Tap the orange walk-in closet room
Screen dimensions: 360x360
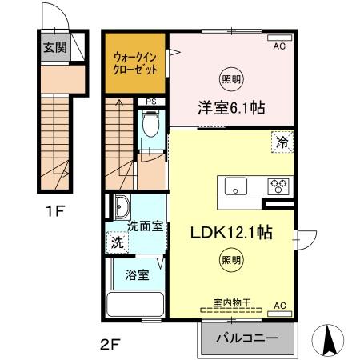pyautogui.click(x=134, y=64)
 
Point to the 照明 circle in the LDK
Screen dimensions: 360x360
pyautogui.click(x=229, y=259)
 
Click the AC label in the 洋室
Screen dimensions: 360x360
pyautogui.click(x=280, y=47)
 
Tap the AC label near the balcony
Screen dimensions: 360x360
pyautogui.click(x=280, y=306)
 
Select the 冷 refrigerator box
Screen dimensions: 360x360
pyautogui.click(x=282, y=142)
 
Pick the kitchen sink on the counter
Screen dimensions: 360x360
pyautogui.click(x=237, y=187)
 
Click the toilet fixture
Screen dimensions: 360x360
pyautogui.click(x=149, y=126)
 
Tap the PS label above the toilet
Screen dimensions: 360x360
pyautogui.click(x=149, y=102)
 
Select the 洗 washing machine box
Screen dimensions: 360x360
pyautogui.click(x=117, y=242)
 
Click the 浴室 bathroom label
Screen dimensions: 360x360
pyautogui.click(x=136, y=275)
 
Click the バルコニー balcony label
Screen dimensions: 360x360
pyautogui.click(x=248, y=338)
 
